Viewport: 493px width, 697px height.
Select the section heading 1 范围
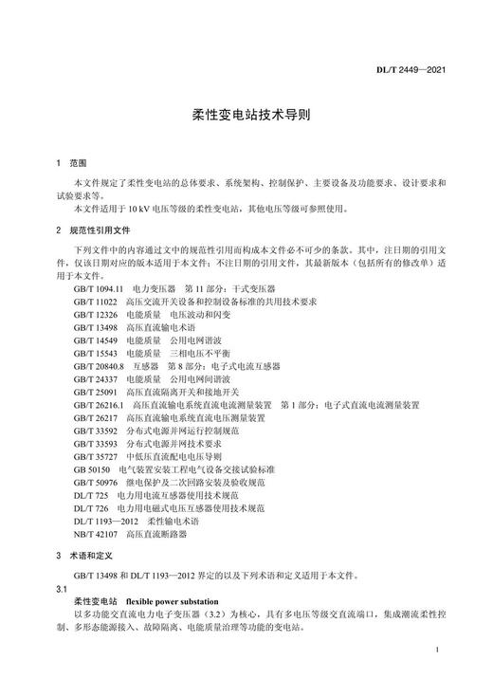(70, 163)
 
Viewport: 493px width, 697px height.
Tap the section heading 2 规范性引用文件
(92, 230)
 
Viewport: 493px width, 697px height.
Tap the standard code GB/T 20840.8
(98, 365)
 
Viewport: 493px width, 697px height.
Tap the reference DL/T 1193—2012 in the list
(106, 521)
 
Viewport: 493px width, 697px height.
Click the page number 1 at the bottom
(434, 650)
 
